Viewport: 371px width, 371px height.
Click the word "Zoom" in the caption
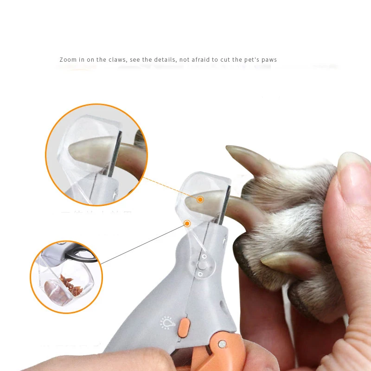[x=68, y=60]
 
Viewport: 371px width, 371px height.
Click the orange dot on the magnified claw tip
[x=200, y=199]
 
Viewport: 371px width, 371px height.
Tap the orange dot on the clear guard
[x=187, y=224]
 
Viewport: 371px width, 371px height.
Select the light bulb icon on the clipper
[x=166, y=322]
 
